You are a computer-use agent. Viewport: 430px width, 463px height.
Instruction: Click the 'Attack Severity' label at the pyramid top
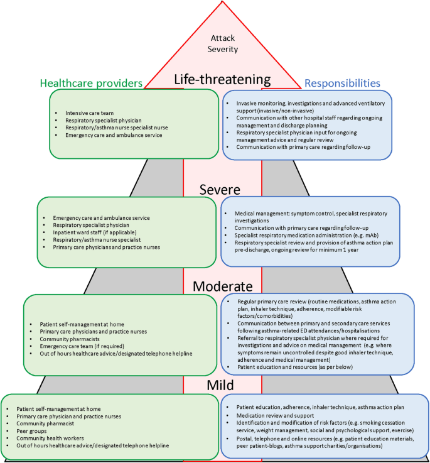point(222,43)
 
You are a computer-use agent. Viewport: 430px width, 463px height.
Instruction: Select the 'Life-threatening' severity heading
point(222,80)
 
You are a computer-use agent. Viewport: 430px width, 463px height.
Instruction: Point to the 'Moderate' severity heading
point(222,286)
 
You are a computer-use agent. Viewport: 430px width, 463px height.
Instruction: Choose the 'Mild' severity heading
point(222,384)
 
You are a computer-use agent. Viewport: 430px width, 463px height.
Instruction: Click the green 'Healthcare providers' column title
point(91,83)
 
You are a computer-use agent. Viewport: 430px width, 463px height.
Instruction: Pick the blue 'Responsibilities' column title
point(342,82)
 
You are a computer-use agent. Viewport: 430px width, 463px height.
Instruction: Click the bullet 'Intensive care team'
point(89,113)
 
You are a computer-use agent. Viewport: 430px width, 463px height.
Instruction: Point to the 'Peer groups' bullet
point(31,431)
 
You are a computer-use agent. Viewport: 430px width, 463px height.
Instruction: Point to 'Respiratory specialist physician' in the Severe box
point(91,225)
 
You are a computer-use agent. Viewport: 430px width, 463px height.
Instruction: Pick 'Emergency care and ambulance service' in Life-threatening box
point(114,135)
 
